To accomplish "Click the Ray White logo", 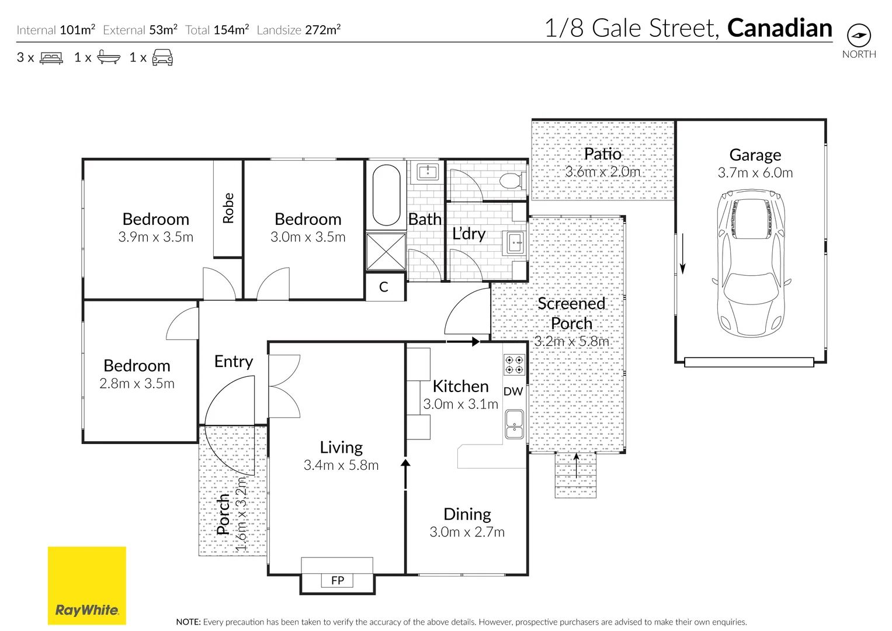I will pos(86,585).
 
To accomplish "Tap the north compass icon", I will pos(858,36).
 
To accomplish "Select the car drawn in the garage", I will pos(751,262).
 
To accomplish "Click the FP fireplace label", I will pos(338,580).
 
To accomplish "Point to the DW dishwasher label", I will pos(513,391).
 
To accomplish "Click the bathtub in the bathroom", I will pos(386,195).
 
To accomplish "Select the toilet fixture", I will pos(511,181).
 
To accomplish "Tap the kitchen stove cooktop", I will pos(514,365).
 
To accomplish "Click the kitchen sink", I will pos(514,424).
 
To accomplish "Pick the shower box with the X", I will pos(386,252).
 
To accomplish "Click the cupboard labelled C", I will pos(384,287).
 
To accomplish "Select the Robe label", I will pos(228,208).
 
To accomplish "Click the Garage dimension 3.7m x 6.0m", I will pos(755,173).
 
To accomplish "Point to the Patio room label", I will pos(602,154).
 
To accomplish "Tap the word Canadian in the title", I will pos(779,28).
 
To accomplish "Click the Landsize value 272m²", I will pos(322,30).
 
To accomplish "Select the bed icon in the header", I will pos(51,58).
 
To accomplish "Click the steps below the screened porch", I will pos(575,475).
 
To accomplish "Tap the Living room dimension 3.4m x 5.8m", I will pos(341,466).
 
